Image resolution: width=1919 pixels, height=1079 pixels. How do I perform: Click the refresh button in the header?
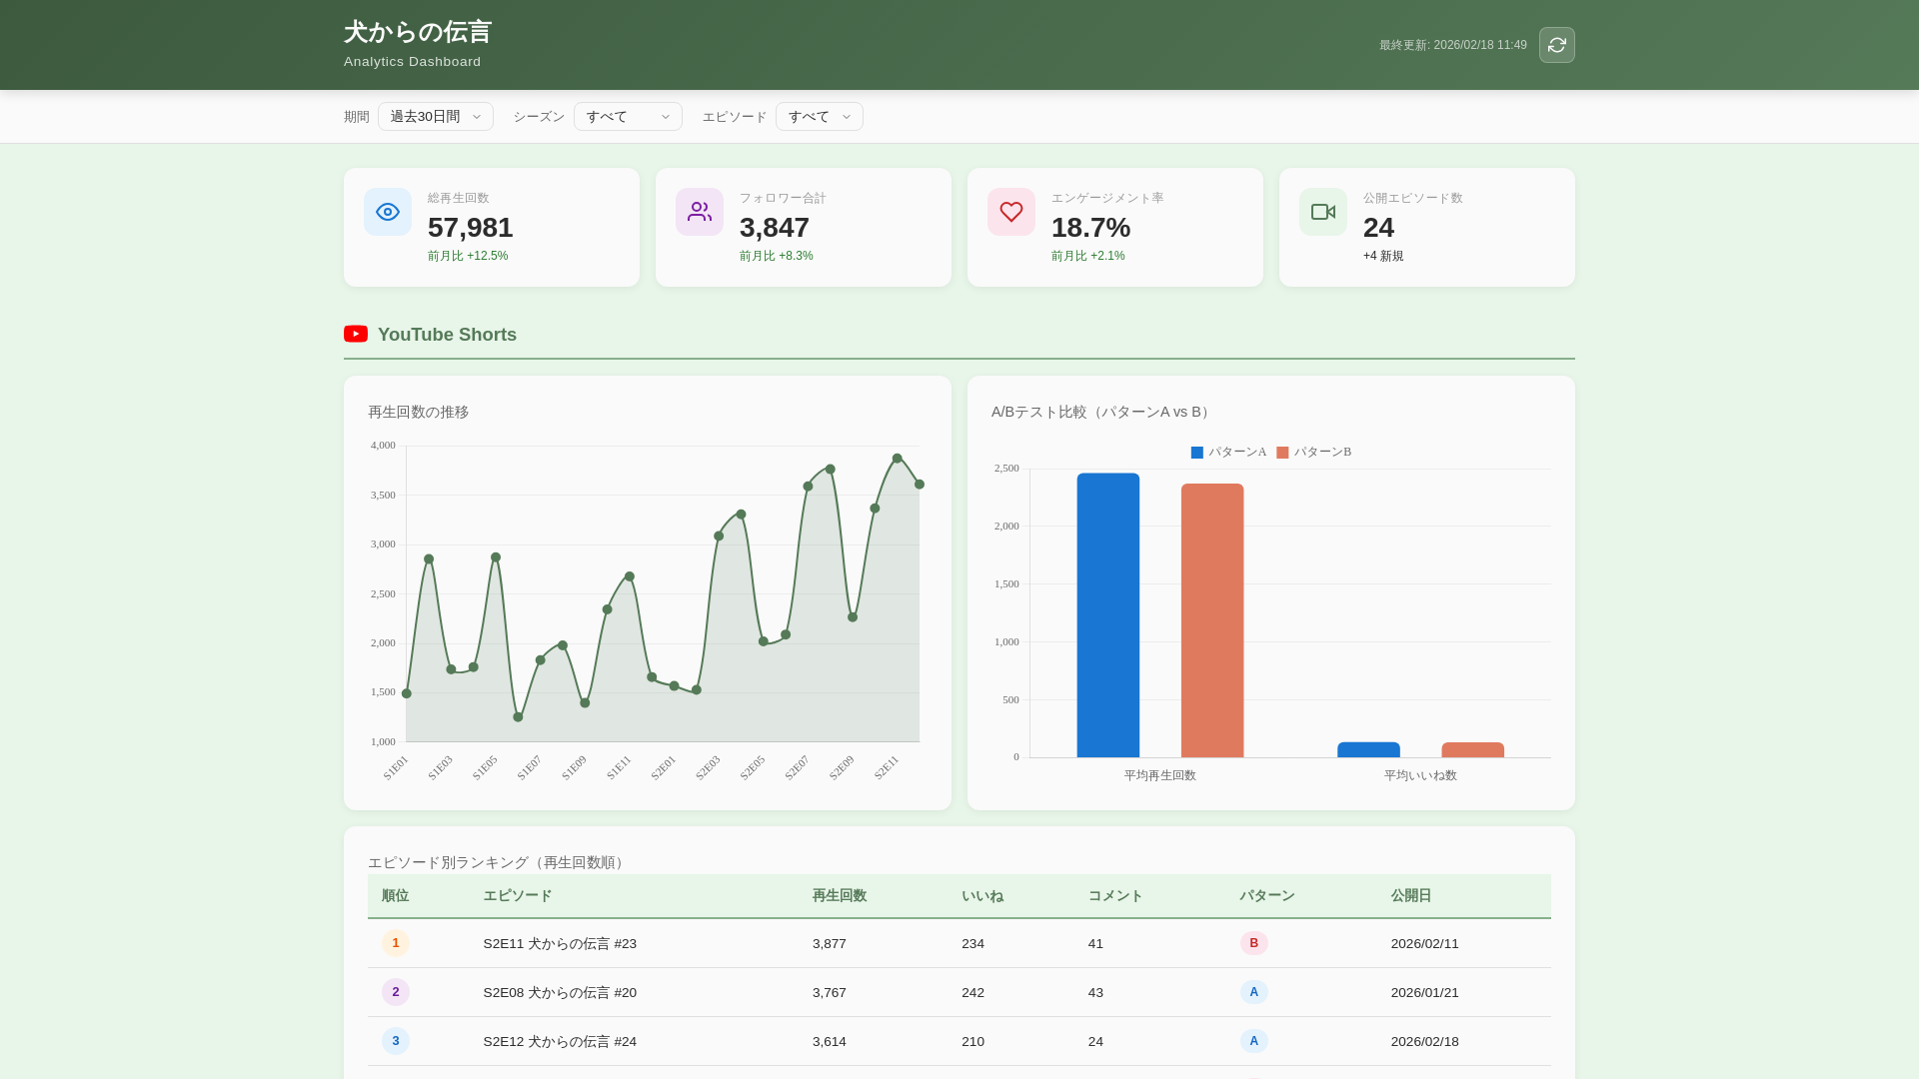[x=1556, y=45]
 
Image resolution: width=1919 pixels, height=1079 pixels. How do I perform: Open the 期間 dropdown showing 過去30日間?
[x=436, y=117]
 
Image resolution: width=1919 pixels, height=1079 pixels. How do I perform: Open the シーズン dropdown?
[x=628, y=117]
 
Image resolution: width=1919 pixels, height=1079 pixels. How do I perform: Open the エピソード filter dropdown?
[x=819, y=117]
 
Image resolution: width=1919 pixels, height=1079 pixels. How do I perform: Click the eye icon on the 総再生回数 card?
[x=388, y=212]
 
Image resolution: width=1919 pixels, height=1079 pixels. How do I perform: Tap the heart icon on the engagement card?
[x=1011, y=212]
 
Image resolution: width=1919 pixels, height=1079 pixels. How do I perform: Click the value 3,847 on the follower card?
[x=775, y=228]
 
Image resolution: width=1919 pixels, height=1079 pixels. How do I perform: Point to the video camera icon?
[x=1323, y=212]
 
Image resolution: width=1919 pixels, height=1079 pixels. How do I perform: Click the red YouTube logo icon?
[x=356, y=334]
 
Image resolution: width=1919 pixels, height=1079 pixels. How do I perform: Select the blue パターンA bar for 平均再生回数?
[x=1107, y=615]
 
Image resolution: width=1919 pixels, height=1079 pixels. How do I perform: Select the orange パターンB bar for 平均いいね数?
[x=1472, y=749]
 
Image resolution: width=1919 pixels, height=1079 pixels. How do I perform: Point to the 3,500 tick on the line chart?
[x=383, y=496]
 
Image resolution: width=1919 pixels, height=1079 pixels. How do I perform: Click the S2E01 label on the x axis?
[x=664, y=767]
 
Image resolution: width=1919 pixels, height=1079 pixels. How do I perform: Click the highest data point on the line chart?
[x=897, y=459]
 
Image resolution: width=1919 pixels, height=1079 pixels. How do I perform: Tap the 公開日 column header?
[x=1410, y=896]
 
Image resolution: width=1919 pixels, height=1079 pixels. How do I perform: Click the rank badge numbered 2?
[x=396, y=992]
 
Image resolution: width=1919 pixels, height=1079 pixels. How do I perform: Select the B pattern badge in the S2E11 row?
[x=1253, y=943]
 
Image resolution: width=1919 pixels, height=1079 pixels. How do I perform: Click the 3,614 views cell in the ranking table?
[x=829, y=1041]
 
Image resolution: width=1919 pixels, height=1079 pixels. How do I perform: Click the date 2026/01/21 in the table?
[x=1424, y=992]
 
